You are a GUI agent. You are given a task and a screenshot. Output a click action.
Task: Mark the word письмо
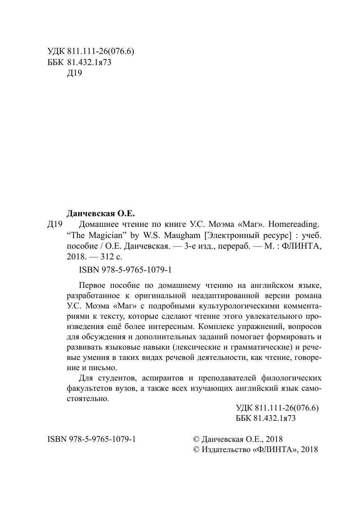(x=103, y=368)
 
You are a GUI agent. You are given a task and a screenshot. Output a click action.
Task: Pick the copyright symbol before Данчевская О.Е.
(x=196, y=439)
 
